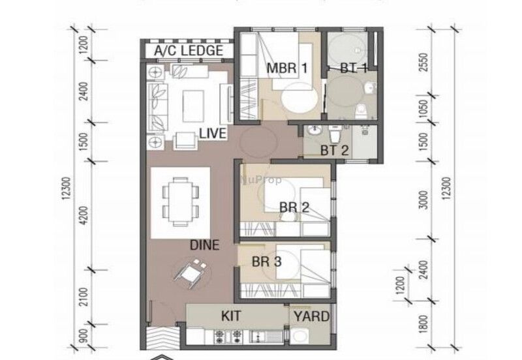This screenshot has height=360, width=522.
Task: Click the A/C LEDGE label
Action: (x=189, y=51)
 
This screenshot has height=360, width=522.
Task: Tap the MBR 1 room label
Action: (x=286, y=67)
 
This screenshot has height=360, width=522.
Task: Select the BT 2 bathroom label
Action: (x=335, y=150)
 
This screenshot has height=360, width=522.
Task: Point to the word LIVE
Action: (x=213, y=134)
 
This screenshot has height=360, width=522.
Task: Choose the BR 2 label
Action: (x=294, y=207)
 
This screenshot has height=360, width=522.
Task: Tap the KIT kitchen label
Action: (x=231, y=316)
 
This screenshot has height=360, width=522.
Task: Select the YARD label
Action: (x=311, y=316)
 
